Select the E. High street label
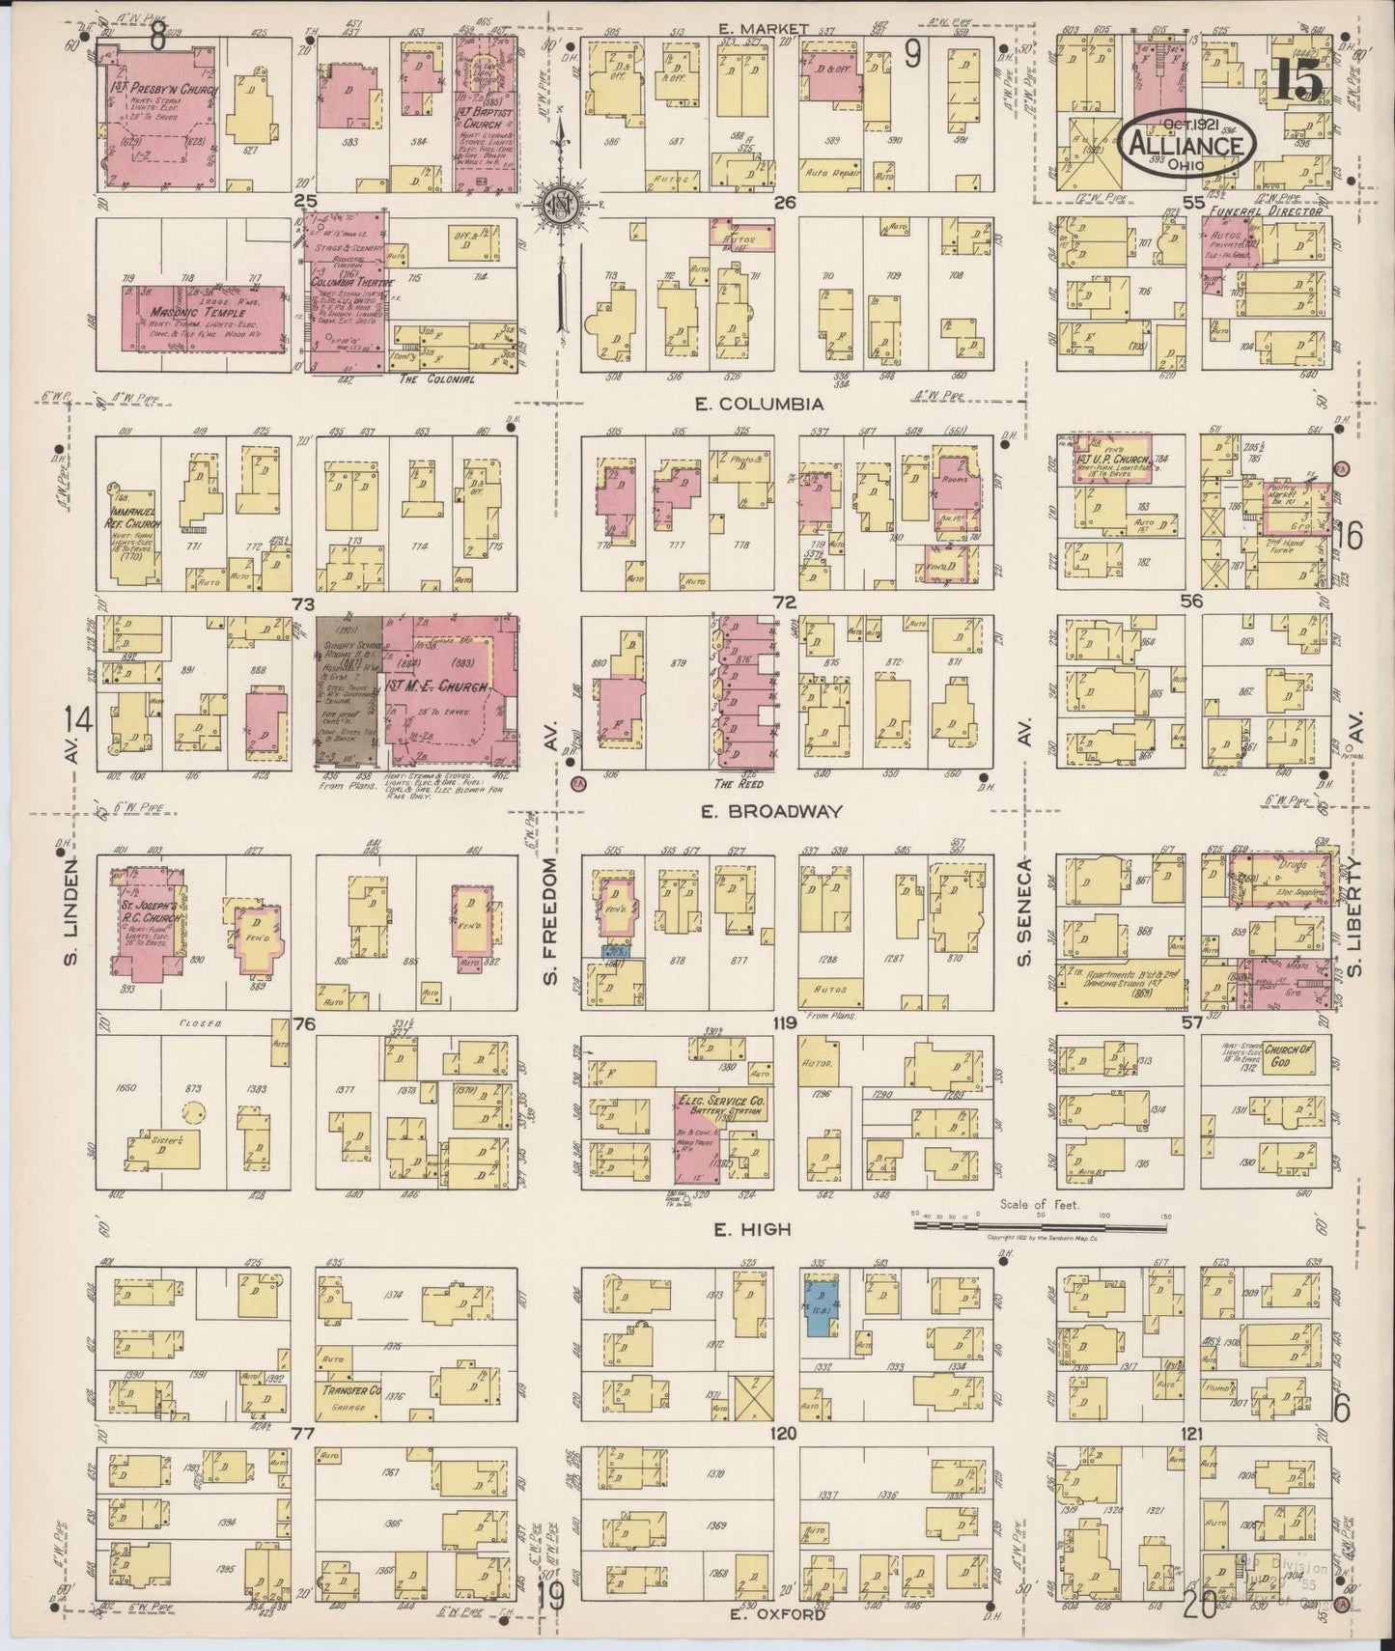tap(766, 1229)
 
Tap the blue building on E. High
tap(822, 1303)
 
